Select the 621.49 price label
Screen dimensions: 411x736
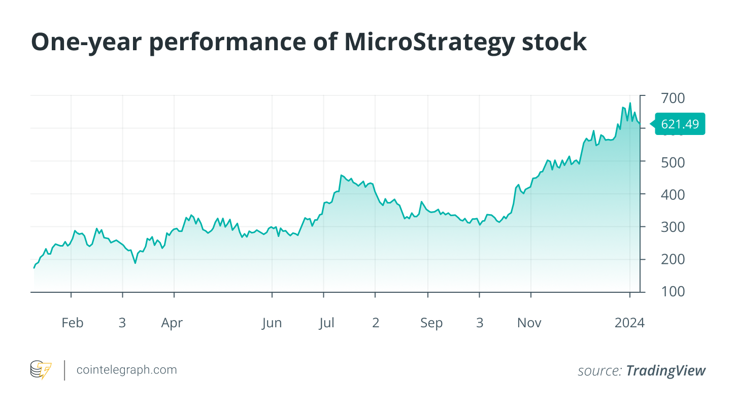point(680,124)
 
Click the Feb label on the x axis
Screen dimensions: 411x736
point(72,323)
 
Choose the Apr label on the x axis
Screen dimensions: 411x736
point(172,323)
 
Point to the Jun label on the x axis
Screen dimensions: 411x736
point(272,323)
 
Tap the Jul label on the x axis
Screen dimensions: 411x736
point(326,323)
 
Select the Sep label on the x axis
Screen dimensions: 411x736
point(431,323)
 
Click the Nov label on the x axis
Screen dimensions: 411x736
point(529,323)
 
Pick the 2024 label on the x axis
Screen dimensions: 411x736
point(629,323)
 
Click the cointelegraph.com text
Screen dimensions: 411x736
point(126,370)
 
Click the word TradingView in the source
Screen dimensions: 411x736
point(665,371)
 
